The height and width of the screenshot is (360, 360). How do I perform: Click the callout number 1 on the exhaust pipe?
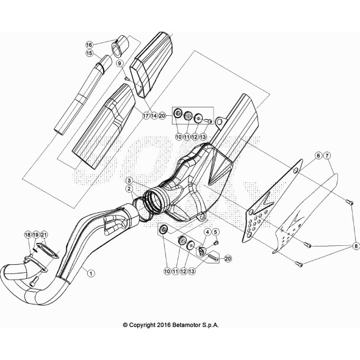91,274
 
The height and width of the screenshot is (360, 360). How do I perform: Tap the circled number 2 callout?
129,190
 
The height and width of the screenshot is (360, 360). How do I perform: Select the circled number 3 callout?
129,181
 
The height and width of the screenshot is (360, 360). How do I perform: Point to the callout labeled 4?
207,232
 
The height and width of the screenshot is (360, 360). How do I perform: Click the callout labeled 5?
215,232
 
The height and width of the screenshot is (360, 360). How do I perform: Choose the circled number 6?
319,156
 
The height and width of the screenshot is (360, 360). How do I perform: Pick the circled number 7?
327,156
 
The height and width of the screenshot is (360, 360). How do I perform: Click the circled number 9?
120,63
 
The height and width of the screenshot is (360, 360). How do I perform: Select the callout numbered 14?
154,115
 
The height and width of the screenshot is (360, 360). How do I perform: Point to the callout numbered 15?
88,53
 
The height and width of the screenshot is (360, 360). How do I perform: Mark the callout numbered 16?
88,45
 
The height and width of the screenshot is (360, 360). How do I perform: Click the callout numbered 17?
146,115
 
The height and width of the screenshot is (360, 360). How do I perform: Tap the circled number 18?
27,235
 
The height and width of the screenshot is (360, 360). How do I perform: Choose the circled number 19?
35,235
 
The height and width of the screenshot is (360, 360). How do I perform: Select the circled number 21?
44,235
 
